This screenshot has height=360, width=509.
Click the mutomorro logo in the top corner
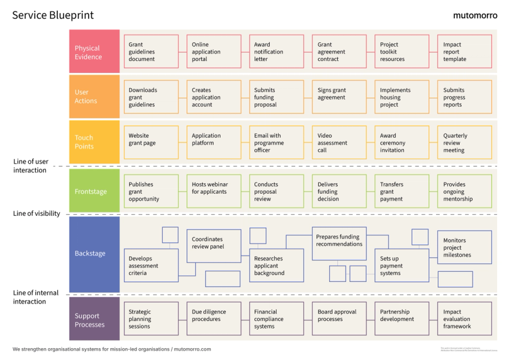point(475,15)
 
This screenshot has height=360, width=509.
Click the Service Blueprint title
point(53,15)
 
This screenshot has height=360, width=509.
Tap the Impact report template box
point(464,52)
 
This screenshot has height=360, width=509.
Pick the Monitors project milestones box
point(464,248)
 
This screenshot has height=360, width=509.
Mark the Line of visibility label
point(37,214)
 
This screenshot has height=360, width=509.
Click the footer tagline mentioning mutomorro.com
point(111,349)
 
